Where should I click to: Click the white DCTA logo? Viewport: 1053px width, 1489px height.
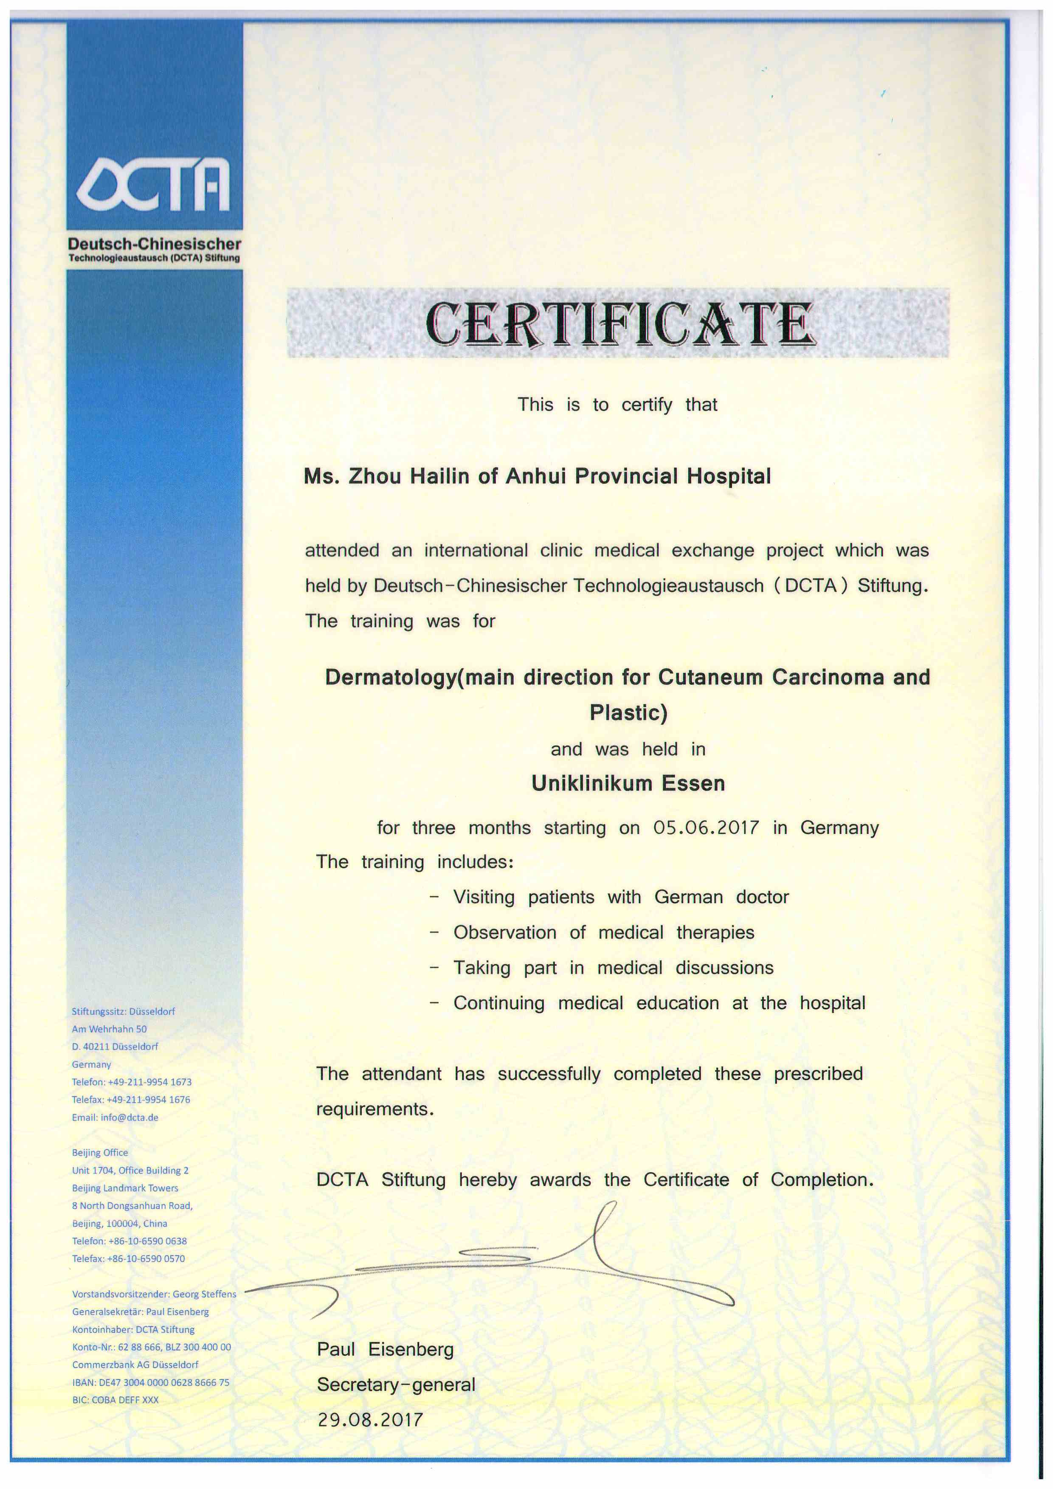coord(154,185)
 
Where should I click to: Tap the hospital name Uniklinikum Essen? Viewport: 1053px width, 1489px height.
coord(628,783)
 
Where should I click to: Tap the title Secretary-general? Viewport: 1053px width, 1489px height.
coord(396,1385)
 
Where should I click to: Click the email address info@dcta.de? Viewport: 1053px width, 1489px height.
coord(129,1117)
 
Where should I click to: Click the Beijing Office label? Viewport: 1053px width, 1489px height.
coord(100,1152)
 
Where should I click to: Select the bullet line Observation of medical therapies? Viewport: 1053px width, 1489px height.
coord(603,932)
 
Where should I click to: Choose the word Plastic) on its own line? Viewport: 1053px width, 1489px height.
coord(628,713)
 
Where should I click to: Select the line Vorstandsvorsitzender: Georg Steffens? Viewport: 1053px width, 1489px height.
coord(154,1294)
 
